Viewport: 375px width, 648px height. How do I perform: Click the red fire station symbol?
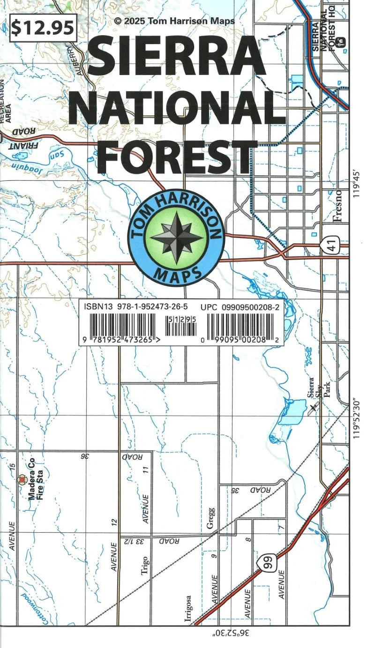point(21,479)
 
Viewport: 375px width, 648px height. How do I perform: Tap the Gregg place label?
point(211,518)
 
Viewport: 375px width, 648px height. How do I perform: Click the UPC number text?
point(240,307)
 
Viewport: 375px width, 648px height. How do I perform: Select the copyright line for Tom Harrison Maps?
point(174,21)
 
